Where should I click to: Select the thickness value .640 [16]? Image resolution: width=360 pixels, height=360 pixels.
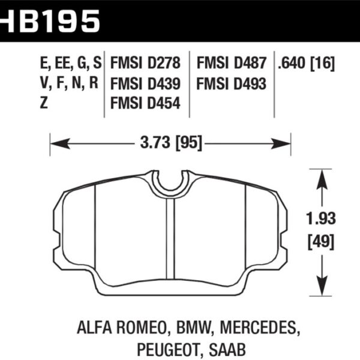click(305, 63)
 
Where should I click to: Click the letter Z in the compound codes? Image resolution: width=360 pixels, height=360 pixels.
click(43, 103)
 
